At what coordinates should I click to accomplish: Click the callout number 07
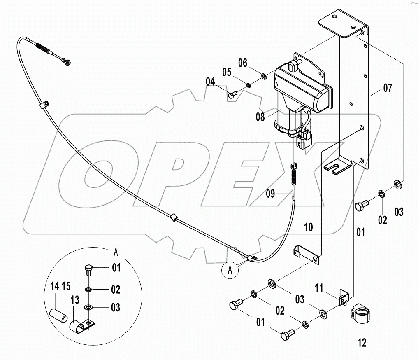coord(388,87)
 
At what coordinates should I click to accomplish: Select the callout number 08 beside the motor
coord(260,117)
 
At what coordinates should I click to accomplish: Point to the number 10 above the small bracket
coord(309,227)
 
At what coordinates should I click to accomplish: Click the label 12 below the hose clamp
coord(362,342)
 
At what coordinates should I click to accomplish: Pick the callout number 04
coord(211,82)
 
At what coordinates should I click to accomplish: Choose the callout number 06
coord(243,63)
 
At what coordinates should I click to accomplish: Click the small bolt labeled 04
coord(231,95)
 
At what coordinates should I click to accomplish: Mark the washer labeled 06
coord(263,76)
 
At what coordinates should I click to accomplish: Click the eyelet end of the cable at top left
coord(67,63)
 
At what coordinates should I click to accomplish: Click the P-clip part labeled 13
coord(82,325)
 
